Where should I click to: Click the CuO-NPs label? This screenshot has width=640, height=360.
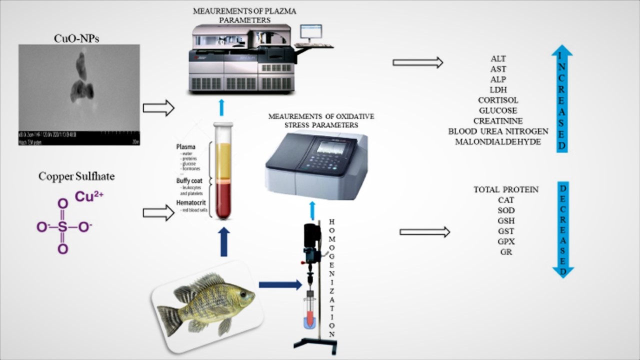[x=76, y=38]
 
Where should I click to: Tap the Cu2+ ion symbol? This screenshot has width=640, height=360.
[x=89, y=197]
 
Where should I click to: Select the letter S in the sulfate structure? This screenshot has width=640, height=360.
[x=63, y=227]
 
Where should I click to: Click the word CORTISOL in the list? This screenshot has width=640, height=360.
[x=497, y=100]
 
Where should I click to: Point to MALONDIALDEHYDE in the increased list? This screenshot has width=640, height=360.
[x=497, y=142]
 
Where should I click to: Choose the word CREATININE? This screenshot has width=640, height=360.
[x=498, y=121]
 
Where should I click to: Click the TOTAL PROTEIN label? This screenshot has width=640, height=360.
[x=505, y=189]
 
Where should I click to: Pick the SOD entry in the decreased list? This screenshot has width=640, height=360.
[x=505, y=210]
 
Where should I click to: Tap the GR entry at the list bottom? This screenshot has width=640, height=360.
[x=505, y=252]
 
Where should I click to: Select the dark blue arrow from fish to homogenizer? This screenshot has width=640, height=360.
[x=280, y=284]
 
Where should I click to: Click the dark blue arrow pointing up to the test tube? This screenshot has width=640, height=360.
[x=223, y=241]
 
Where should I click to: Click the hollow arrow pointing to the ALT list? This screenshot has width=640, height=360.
[x=418, y=62]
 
